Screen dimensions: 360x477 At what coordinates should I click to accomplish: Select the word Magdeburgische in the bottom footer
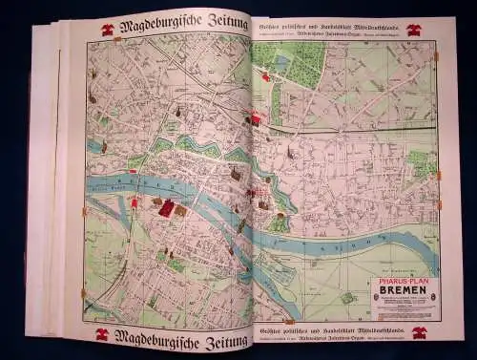pyautogui.click(x=153, y=335)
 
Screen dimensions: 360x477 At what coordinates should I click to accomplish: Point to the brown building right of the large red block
pyautogui.click(x=180, y=210)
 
